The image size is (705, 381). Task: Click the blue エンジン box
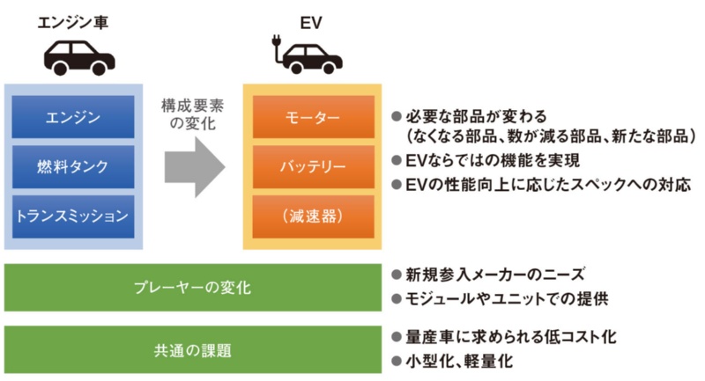coord(73,116)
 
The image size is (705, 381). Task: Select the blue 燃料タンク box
coord(73,165)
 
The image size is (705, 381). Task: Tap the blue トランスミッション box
coord(73,213)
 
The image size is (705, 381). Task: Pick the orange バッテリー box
coord(310,165)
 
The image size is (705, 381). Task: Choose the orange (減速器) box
coord(310,214)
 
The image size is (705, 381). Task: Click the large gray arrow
coord(195,168)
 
